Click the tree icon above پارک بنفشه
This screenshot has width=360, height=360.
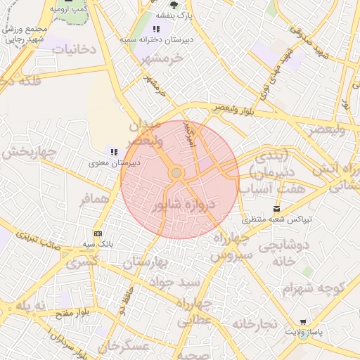point(174,6)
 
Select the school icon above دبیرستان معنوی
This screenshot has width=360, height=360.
point(114,152)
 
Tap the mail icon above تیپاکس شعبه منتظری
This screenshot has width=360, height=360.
point(276,209)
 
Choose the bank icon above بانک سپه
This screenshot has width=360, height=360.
point(97,233)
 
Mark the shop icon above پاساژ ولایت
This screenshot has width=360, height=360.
point(303,321)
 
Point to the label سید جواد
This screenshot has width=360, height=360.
point(178,282)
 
